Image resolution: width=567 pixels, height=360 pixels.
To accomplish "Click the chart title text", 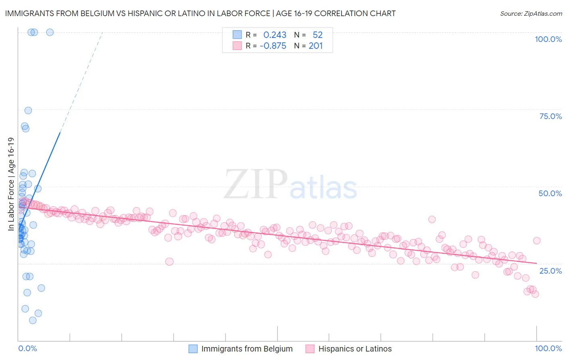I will point(200,13).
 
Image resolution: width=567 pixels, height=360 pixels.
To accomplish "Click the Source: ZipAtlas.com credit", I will point(531,13).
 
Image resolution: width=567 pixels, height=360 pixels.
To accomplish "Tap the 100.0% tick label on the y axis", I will point(548,39).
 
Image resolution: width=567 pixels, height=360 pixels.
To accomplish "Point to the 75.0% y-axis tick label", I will point(550,116).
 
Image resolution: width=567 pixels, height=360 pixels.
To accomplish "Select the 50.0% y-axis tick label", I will point(550,193).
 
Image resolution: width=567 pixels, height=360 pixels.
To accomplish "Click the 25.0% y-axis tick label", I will point(550,270).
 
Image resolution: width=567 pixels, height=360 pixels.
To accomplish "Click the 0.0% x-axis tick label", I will point(27,348).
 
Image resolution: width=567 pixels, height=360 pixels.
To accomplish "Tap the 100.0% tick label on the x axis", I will point(548,348).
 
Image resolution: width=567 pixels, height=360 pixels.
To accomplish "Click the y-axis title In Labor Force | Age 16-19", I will point(11,184).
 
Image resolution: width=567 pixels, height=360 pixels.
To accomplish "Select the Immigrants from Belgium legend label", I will point(247,349).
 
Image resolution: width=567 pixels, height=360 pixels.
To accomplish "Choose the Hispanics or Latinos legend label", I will point(355,349).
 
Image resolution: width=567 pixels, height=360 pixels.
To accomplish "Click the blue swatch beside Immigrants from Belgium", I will point(193,349).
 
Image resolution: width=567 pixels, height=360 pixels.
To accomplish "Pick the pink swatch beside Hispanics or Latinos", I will point(310,349).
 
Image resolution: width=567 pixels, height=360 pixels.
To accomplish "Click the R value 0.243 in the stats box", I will point(275,35).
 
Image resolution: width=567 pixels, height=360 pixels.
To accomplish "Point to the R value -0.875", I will point(273,46).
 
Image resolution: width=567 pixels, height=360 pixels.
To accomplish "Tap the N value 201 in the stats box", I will point(316,46).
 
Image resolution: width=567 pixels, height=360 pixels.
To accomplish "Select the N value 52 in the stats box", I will point(318,35).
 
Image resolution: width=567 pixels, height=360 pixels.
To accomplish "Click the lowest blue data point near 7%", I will point(33,320).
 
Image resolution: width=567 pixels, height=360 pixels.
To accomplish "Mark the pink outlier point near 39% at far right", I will point(432,219).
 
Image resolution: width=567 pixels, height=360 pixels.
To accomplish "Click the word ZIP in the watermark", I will point(255,184).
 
